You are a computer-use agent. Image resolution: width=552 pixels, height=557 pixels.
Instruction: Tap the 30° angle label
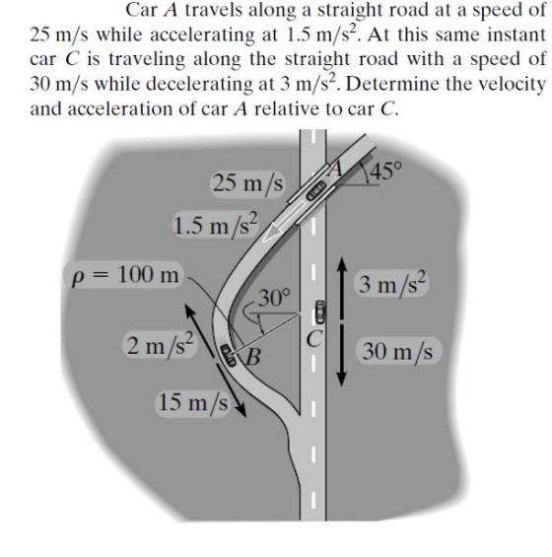coord(274,294)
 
